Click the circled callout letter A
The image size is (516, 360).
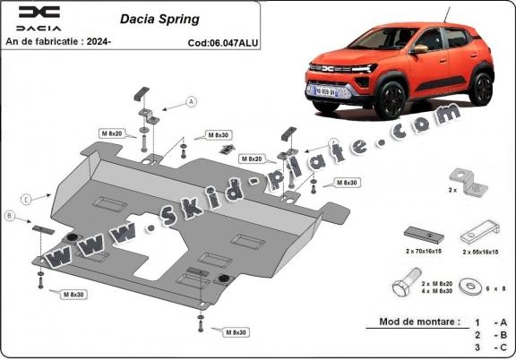tap(191, 102)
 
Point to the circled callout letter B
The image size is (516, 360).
tap(9, 216)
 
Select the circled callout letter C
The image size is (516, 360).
tap(27, 198)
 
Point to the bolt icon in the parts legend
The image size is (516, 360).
tap(402, 288)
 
